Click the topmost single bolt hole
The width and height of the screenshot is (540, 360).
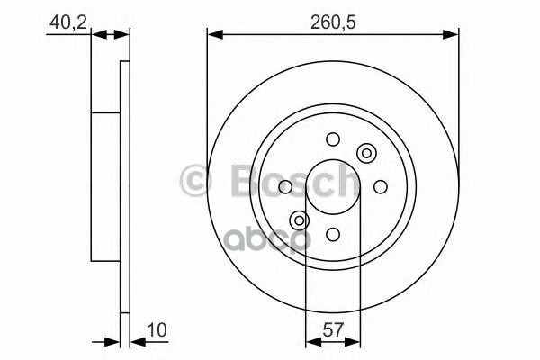click(333, 139)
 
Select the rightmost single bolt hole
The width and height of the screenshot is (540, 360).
click(380, 186)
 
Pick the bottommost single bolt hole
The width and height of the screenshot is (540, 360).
click(333, 234)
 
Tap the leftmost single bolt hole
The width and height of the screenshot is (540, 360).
click(285, 186)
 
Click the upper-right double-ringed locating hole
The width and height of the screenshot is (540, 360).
click(366, 153)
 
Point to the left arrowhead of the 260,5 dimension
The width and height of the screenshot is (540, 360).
click(213, 35)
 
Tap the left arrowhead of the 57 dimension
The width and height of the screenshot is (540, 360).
click(311, 341)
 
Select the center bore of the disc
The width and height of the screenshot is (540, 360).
click(333, 186)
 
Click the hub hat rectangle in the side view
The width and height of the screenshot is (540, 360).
click(105, 186)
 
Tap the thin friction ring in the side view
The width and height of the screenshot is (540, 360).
click(123, 186)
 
